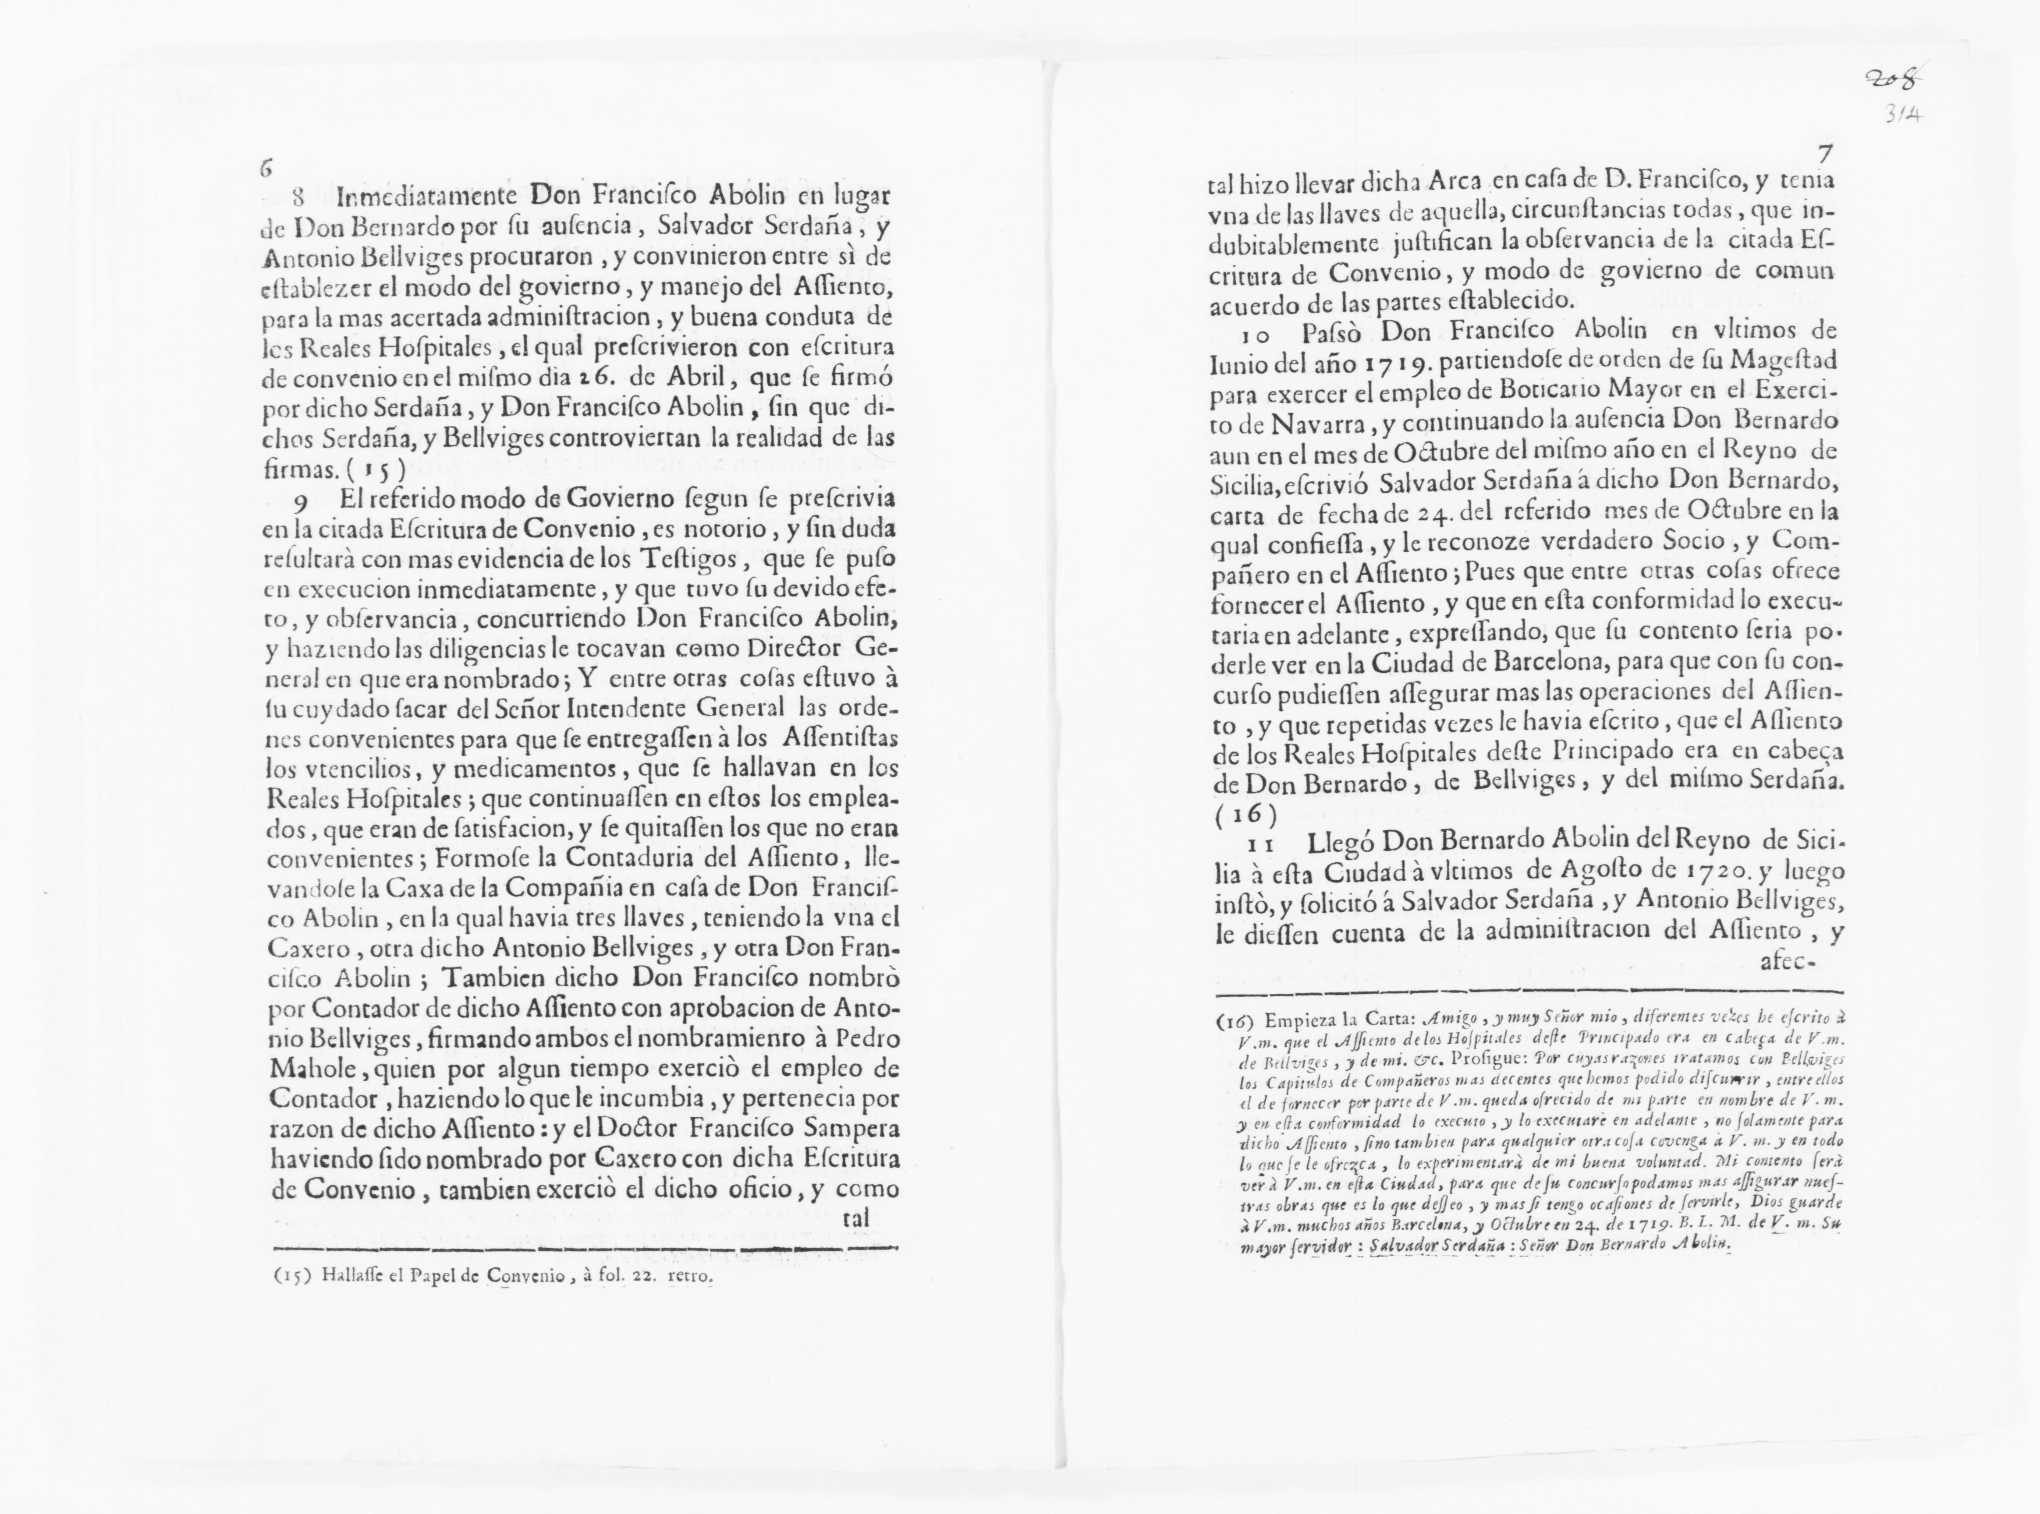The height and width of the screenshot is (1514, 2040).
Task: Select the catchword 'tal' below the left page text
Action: [855, 1220]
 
